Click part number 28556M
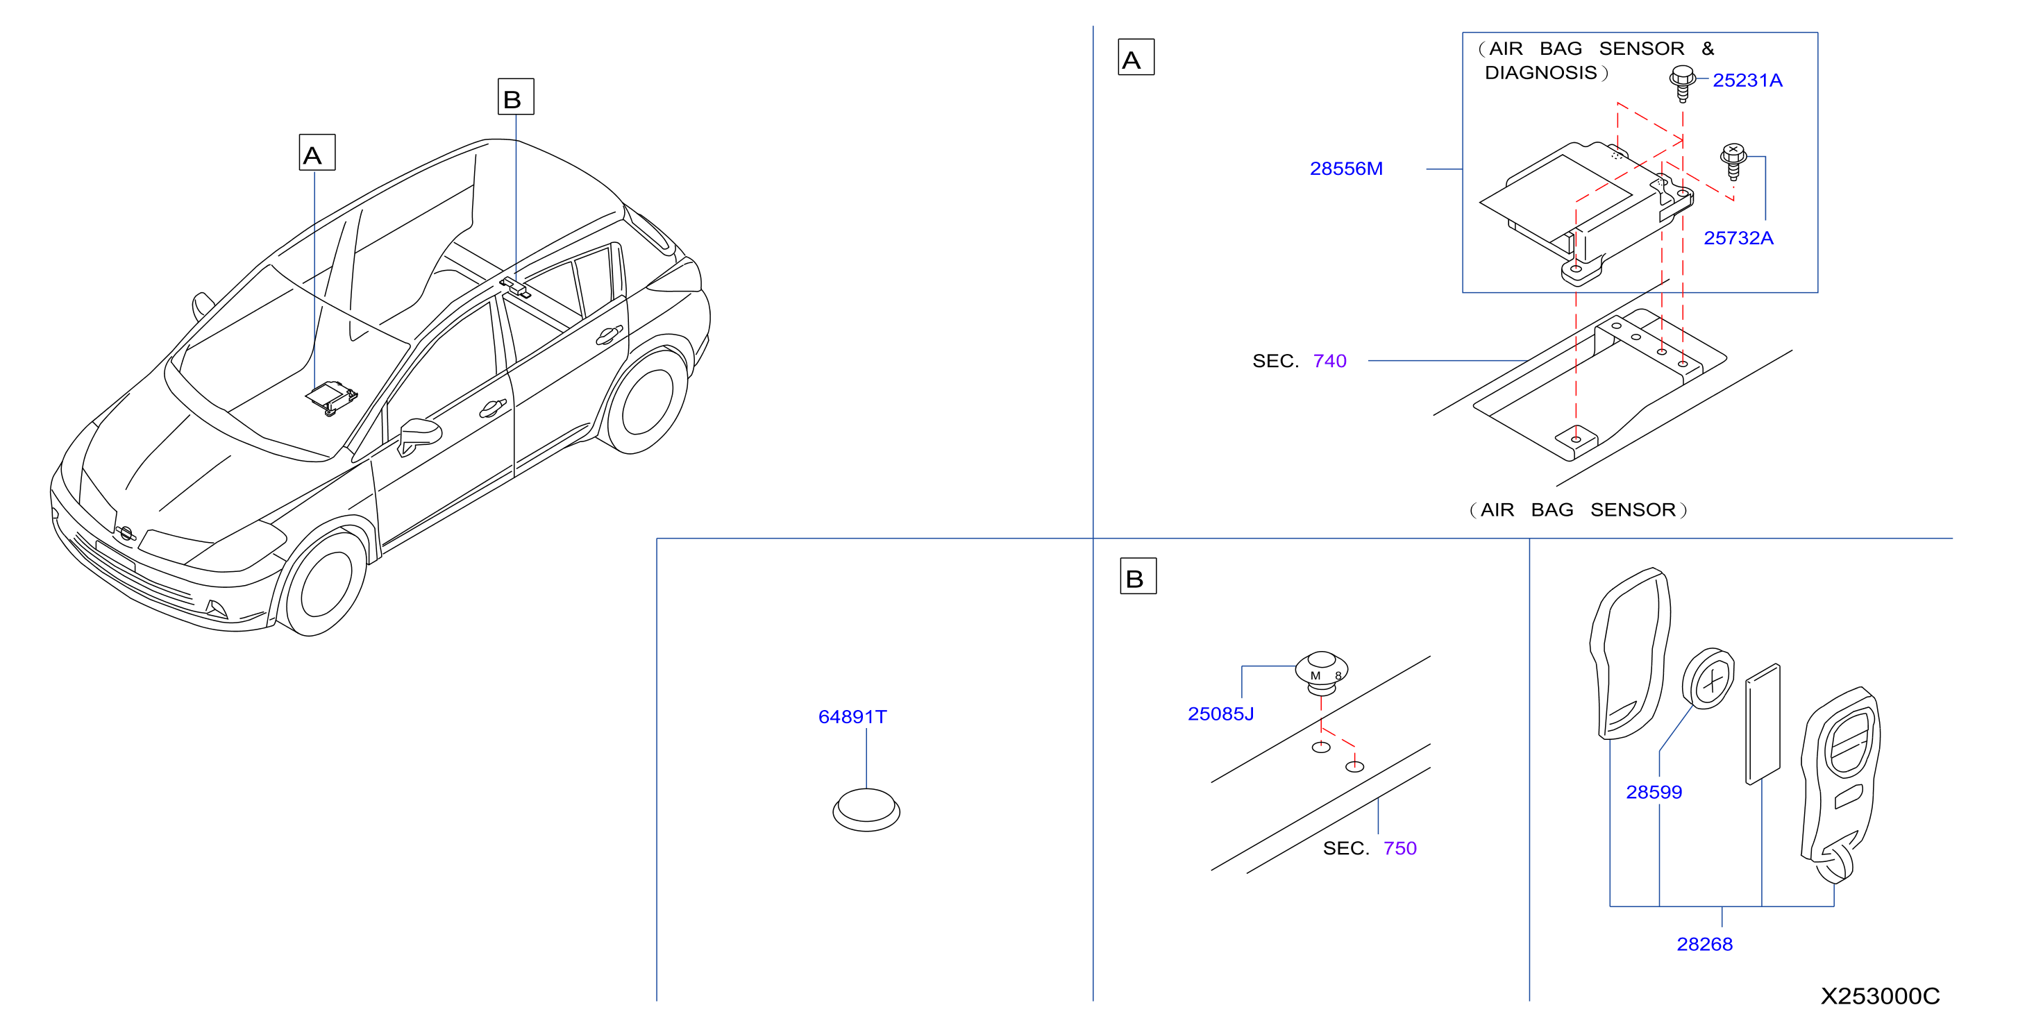pos(1346,169)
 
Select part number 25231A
pos(1747,80)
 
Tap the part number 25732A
pos(1738,238)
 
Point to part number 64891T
pos(852,717)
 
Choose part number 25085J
pos(1220,714)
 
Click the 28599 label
pos(1654,792)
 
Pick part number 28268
pos(1705,944)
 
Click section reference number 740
pos(1329,361)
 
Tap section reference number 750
pos(1400,848)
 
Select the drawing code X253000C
pos(1880,995)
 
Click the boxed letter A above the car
pos(317,152)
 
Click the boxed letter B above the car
pos(516,96)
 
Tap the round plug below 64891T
pos(866,810)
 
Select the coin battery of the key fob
pos(1708,678)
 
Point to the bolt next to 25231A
pos(1682,84)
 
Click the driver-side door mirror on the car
pos(419,435)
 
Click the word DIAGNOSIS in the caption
pos(1540,73)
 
